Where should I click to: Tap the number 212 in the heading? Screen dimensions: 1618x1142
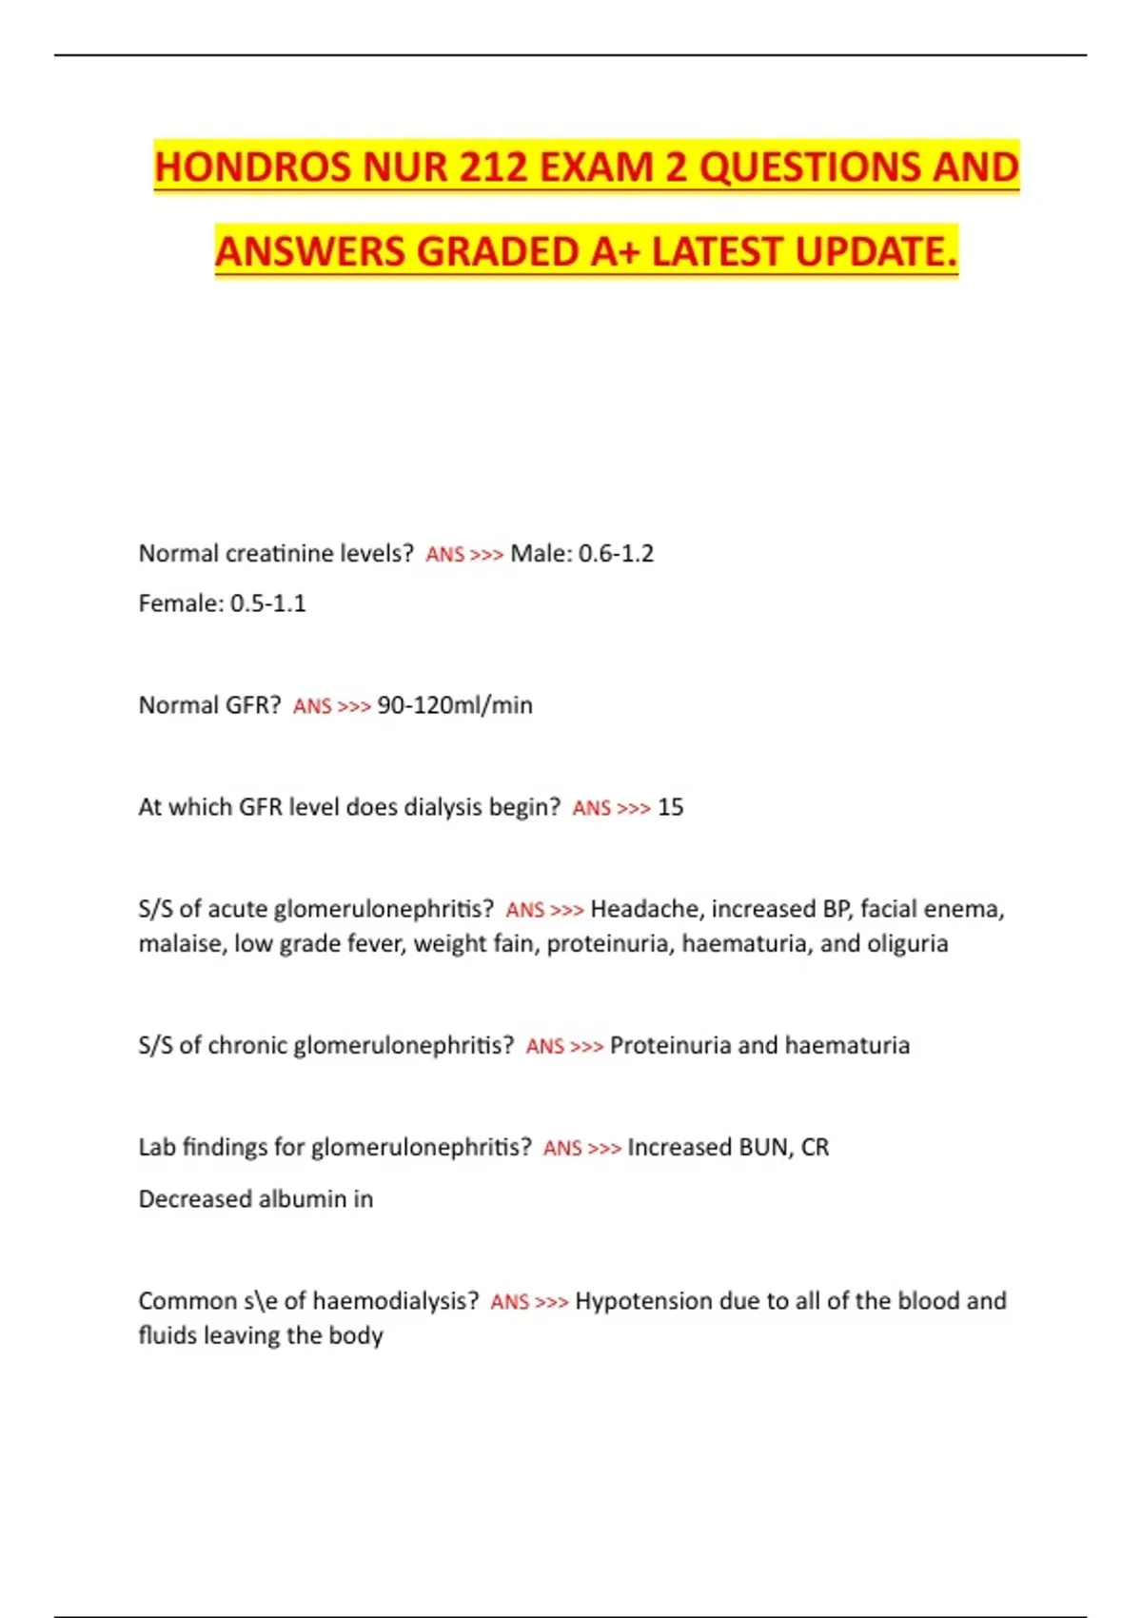pyautogui.click(x=494, y=168)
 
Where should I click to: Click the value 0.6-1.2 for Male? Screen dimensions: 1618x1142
pyautogui.click(x=617, y=553)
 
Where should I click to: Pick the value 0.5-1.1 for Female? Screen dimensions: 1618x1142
pyautogui.click(x=268, y=603)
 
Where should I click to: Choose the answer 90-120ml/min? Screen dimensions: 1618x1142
pyautogui.click(x=455, y=705)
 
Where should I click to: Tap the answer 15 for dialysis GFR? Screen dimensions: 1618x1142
pyautogui.click(x=670, y=807)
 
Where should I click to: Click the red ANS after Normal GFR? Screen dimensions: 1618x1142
pyautogui.click(x=312, y=706)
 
